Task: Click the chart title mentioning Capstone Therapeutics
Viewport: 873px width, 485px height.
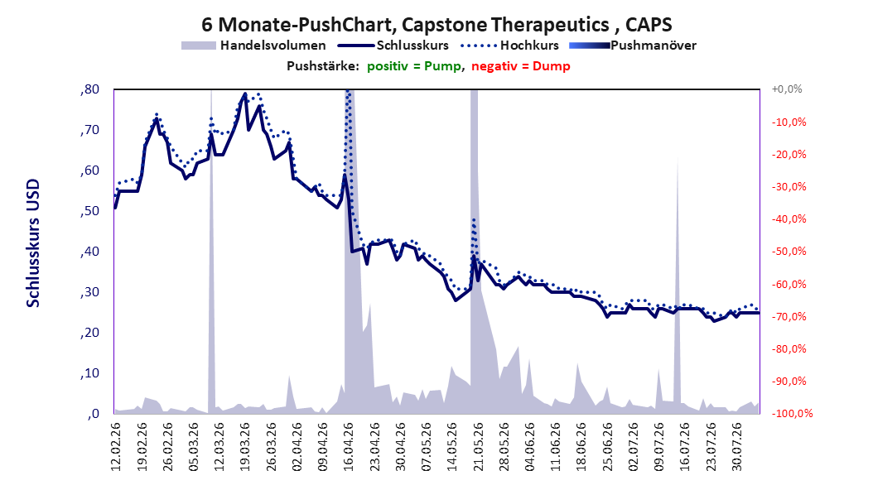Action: pos(436,25)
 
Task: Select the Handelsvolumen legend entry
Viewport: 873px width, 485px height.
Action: pos(253,46)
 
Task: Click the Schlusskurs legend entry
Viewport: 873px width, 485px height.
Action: pos(393,46)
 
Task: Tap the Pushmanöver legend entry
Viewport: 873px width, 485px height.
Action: pos(633,46)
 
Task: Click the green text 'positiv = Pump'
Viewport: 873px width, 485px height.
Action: pos(414,66)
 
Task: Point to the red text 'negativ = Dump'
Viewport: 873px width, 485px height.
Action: pos(521,66)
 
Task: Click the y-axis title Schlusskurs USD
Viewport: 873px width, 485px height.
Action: pos(33,243)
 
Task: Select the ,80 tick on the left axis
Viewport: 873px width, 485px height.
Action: pos(89,89)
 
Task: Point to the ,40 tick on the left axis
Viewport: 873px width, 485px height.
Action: pos(89,252)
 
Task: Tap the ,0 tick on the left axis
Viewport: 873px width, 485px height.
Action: pos(93,414)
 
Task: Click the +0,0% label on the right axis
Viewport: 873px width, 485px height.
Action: pos(787,89)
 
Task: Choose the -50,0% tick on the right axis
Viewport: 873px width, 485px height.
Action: pos(789,252)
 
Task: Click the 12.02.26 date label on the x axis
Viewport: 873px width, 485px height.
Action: pos(116,447)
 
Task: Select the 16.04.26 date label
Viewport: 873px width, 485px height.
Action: pos(349,447)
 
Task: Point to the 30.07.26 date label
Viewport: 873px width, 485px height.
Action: pos(737,447)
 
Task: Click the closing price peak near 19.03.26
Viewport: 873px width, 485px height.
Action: pos(245,94)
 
